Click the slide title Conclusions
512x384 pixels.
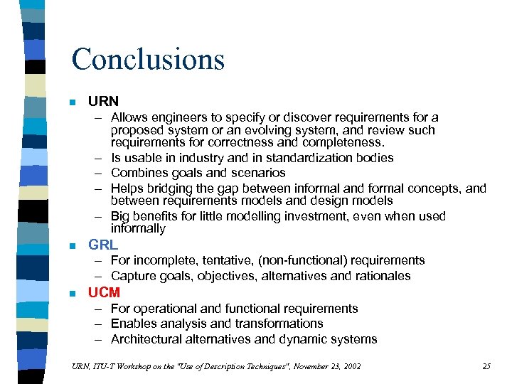[x=147, y=59]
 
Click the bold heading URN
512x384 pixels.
[x=103, y=102]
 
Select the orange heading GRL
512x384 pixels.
[x=103, y=245]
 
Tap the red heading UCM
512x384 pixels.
[x=104, y=292]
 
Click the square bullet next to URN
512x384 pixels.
[x=73, y=102]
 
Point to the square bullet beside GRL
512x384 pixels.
[x=73, y=246]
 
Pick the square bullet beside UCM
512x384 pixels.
[x=73, y=293]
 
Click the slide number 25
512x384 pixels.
[x=486, y=366]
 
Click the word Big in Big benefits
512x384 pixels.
[x=120, y=216]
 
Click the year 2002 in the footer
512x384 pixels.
[x=349, y=366]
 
